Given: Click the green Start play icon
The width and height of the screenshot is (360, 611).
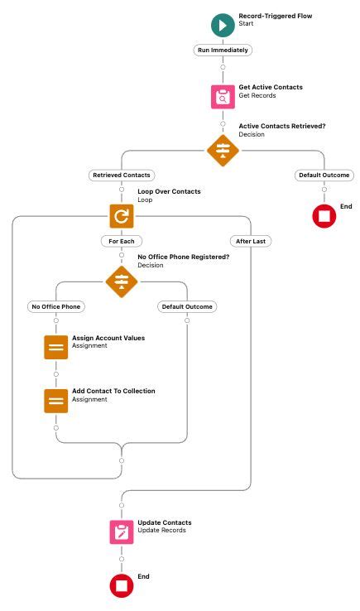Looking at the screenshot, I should click(222, 26).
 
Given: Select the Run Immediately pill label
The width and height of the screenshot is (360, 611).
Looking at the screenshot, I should click(222, 50).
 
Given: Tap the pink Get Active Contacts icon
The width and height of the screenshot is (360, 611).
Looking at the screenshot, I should click(222, 97).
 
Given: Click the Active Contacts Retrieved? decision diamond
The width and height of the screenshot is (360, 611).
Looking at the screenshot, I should click(222, 151).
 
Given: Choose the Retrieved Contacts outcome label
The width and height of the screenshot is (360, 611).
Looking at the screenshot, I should click(121, 176).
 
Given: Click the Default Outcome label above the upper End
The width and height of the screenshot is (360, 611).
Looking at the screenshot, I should click(324, 176).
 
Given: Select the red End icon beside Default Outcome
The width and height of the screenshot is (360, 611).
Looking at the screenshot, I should click(324, 216).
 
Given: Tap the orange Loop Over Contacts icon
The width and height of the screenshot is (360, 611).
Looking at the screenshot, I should click(121, 216).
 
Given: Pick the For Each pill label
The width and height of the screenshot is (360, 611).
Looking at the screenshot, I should click(121, 241).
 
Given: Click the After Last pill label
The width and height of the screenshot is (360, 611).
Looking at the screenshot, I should click(250, 241).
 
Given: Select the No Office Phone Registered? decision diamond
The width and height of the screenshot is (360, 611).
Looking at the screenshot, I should click(121, 281).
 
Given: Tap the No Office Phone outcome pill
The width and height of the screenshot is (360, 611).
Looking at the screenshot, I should click(56, 307).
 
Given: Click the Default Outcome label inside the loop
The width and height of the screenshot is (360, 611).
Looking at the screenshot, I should click(186, 307).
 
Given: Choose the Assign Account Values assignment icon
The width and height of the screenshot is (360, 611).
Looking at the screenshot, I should click(56, 347).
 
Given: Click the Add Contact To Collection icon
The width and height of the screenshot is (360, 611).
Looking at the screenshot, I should click(56, 401).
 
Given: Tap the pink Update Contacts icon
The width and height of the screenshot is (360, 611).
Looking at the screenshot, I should click(122, 532).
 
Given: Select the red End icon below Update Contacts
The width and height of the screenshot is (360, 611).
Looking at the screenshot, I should click(122, 585).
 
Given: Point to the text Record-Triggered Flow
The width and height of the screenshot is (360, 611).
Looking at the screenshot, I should click(275, 16).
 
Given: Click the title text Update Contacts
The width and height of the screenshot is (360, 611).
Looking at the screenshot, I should click(164, 522).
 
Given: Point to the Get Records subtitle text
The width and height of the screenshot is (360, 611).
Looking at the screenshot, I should click(257, 96).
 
